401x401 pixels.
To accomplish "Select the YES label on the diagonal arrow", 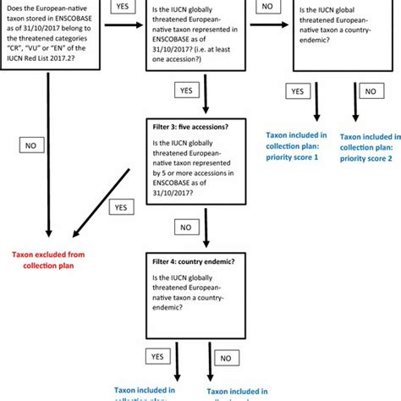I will [x=121, y=206].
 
